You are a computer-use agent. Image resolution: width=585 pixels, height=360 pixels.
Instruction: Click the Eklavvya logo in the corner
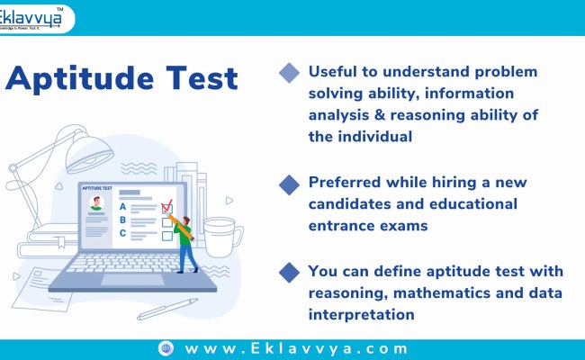pos(37,18)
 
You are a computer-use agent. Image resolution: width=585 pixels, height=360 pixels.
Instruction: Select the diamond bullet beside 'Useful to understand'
pos(289,73)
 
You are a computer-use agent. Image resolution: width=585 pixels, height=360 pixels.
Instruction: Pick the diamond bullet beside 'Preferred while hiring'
pos(289,184)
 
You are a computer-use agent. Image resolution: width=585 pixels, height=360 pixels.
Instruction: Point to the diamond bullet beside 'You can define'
pos(289,271)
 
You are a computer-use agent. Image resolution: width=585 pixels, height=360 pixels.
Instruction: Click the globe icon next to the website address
pos(166,347)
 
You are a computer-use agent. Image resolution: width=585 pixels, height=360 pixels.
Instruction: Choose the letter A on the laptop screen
pos(123,204)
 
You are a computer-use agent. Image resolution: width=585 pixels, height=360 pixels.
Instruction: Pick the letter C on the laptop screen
pos(123,233)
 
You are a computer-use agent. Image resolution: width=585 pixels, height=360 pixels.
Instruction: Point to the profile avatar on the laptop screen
pos(96,206)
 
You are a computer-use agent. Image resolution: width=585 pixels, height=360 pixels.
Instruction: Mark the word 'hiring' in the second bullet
pos(454,183)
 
